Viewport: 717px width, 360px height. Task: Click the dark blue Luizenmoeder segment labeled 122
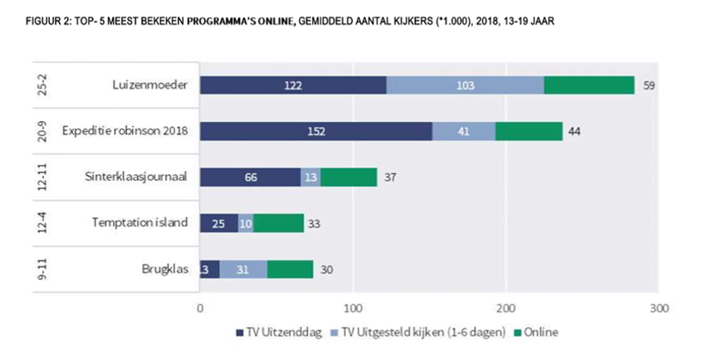[x=293, y=85]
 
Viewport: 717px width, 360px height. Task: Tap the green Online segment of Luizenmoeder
[x=589, y=85]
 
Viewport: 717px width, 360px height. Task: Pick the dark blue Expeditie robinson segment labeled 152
[x=316, y=131]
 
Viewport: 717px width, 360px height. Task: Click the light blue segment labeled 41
[x=463, y=131]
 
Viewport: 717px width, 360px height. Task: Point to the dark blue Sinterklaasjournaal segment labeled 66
[x=251, y=177]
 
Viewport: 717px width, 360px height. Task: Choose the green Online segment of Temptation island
[x=279, y=223]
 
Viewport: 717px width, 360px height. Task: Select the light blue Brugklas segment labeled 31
[x=243, y=269]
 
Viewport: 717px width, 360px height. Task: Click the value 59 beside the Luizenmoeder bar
[x=650, y=85]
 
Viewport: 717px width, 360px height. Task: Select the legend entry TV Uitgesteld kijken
[x=395, y=333]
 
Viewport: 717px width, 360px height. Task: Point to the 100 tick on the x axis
[x=354, y=308]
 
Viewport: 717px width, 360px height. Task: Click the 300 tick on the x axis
[x=658, y=308]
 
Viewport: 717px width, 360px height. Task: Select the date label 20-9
[x=41, y=131]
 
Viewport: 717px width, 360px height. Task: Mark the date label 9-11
[x=41, y=269]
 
